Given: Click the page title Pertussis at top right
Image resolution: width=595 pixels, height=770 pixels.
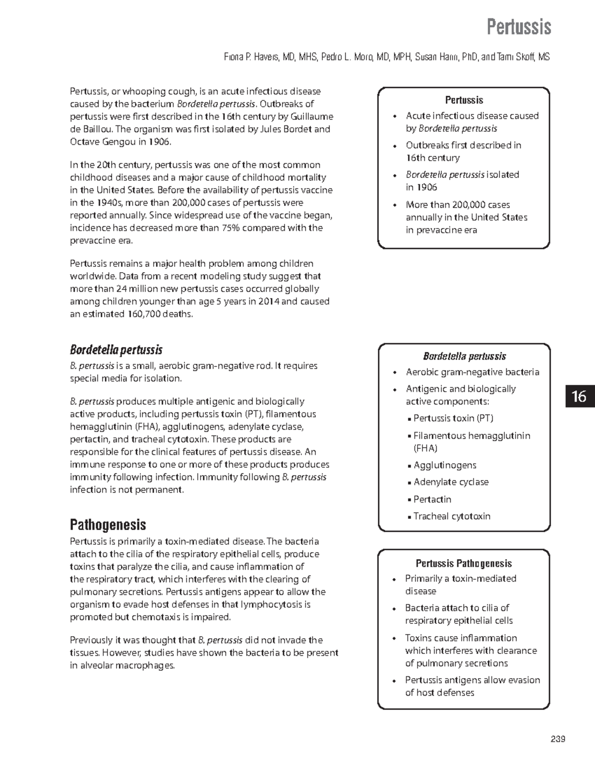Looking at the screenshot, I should (x=518, y=27).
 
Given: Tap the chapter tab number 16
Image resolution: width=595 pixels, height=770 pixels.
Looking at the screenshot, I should (x=579, y=396).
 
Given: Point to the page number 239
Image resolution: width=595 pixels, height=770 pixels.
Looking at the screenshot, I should (x=558, y=739).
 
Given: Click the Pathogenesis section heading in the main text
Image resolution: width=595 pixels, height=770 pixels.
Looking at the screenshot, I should (x=108, y=525).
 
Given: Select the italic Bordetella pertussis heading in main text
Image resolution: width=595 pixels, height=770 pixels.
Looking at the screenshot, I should (x=116, y=350).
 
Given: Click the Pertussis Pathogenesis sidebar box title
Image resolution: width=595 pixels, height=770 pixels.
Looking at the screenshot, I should (x=464, y=563).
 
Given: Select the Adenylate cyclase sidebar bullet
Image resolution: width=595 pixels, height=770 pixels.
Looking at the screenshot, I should (x=451, y=482).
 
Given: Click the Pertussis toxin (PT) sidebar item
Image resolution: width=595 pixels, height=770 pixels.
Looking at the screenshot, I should (x=453, y=418).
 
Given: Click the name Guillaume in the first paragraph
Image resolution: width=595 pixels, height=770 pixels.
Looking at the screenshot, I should (x=312, y=117).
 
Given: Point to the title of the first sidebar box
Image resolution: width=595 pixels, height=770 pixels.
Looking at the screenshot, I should (x=464, y=100).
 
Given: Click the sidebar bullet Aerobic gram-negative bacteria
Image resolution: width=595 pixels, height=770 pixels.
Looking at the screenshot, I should (x=472, y=372).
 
